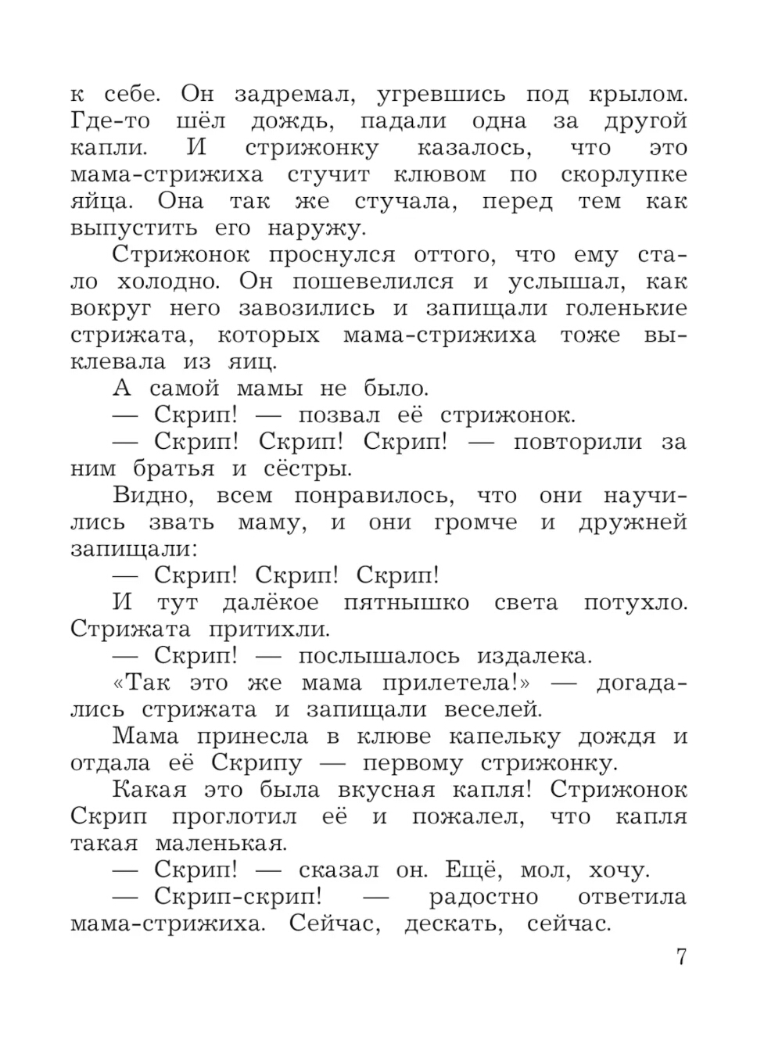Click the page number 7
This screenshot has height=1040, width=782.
point(680,956)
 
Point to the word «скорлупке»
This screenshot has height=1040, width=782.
point(624,175)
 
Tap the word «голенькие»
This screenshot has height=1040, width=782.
point(626,308)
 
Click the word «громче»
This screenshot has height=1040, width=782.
point(475,522)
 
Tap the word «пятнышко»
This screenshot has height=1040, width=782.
point(406,603)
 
